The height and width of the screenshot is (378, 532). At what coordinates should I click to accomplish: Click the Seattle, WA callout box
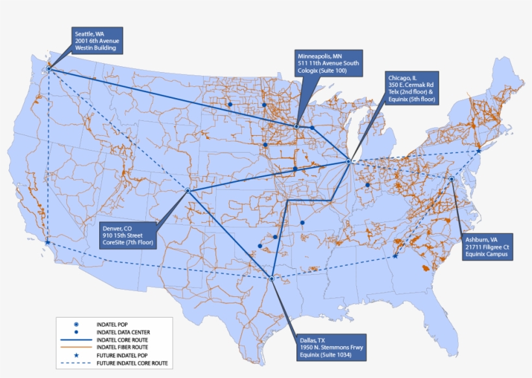(96, 40)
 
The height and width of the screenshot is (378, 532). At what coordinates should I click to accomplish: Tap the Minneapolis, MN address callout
(328, 63)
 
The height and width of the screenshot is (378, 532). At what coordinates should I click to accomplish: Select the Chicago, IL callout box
(411, 88)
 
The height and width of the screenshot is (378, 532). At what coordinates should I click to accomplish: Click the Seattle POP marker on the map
(49, 69)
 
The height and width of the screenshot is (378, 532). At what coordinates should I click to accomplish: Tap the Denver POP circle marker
(187, 191)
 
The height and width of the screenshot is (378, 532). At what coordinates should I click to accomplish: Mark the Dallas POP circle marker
(271, 279)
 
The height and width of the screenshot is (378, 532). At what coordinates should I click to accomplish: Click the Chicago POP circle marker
(348, 161)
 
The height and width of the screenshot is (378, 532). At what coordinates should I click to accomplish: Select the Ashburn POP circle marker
(452, 179)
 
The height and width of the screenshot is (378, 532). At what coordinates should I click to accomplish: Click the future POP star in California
(47, 242)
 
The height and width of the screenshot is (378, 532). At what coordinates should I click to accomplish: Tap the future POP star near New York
(478, 151)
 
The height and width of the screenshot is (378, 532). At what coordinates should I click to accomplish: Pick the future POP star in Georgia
(395, 256)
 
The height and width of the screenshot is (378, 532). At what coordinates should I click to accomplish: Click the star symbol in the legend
(77, 355)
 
